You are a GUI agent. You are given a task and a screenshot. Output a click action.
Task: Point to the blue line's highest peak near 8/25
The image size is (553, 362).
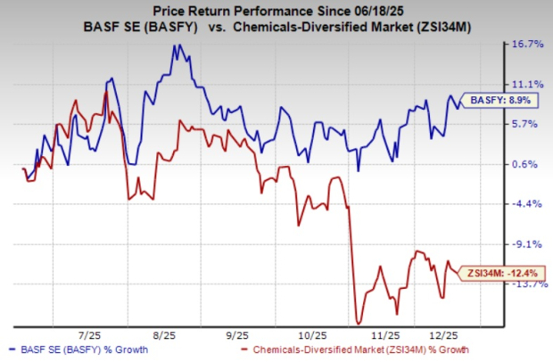(176, 45)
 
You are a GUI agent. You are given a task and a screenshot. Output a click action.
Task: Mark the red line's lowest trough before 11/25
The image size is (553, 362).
(359, 323)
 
